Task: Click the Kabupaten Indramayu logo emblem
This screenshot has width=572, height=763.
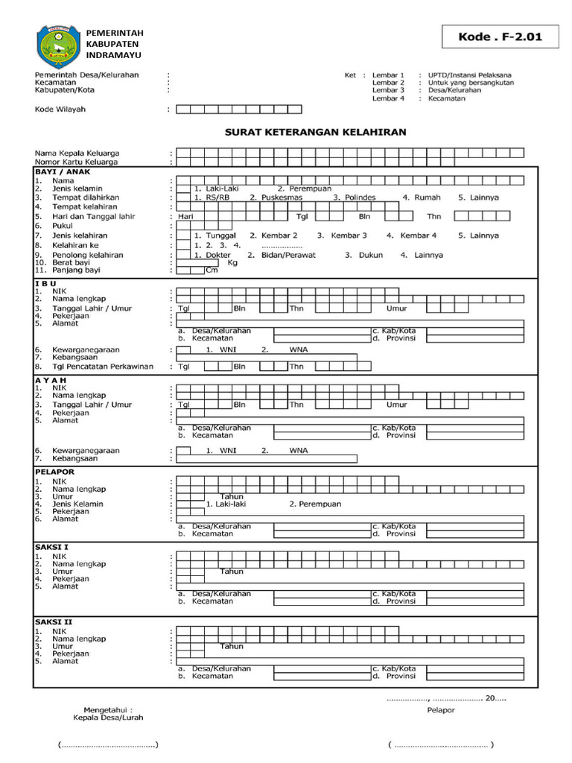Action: [x=57, y=46]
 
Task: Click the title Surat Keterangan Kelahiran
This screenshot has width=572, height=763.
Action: [x=316, y=133]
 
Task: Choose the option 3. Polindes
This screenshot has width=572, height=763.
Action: [x=355, y=197]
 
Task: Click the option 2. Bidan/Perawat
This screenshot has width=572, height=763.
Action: [x=282, y=255]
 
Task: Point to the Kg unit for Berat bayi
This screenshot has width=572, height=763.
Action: [x=232, y=263]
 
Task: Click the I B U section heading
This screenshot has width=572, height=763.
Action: [x=45, y=284]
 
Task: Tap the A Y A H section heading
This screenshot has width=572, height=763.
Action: [x=51, y=380]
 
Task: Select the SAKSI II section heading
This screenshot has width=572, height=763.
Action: [x=53, y=621]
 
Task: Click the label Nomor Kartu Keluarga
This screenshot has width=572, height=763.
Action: [x=77, y=162]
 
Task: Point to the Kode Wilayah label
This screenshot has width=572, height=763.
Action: [x=60, y=109]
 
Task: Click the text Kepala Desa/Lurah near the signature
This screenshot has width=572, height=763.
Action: [x=108, y=718]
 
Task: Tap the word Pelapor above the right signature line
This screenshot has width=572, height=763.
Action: [x=441, y=710]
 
